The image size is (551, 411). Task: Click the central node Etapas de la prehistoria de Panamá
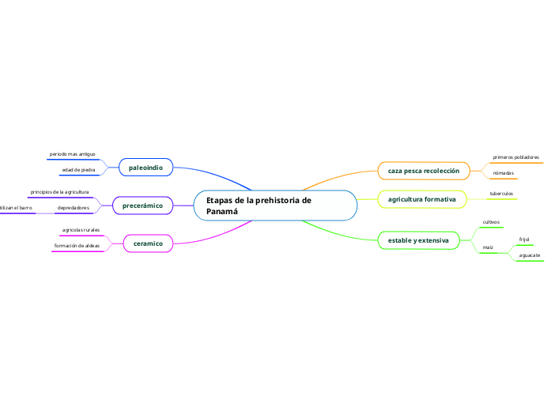click(275, 205)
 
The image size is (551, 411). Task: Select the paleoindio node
click(145, 168)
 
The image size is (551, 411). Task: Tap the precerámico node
click(142, 205)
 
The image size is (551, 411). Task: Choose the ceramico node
click(148, 243)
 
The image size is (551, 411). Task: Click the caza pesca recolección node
click(423, 171)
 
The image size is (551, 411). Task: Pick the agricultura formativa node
click(421, 199)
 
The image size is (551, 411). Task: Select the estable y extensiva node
click(418, 239)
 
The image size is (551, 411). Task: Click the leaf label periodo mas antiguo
click(72, 153)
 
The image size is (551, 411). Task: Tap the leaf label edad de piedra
click(78, 170)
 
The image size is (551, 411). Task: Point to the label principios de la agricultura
click(59, 192)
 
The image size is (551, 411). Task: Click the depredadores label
click(73, 208)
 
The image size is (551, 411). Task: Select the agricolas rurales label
click(81, 230)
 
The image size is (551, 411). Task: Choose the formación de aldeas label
click(77, 246)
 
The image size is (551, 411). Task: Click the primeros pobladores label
click(515, 157)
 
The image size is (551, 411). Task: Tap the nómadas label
click(503, 173)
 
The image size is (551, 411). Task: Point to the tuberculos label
click(501, 193)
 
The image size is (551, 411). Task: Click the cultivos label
click(491, 223)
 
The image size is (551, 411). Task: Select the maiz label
click(488, 248)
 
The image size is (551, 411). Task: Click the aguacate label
click(529, 255)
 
